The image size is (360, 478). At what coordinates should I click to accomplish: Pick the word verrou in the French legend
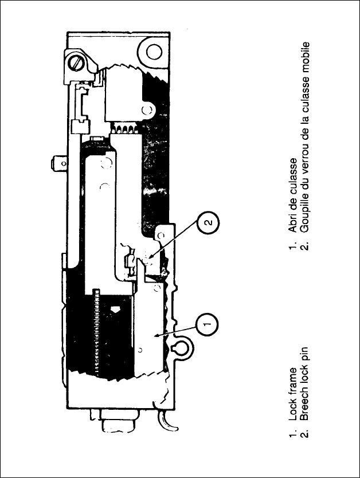pos(306,163)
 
